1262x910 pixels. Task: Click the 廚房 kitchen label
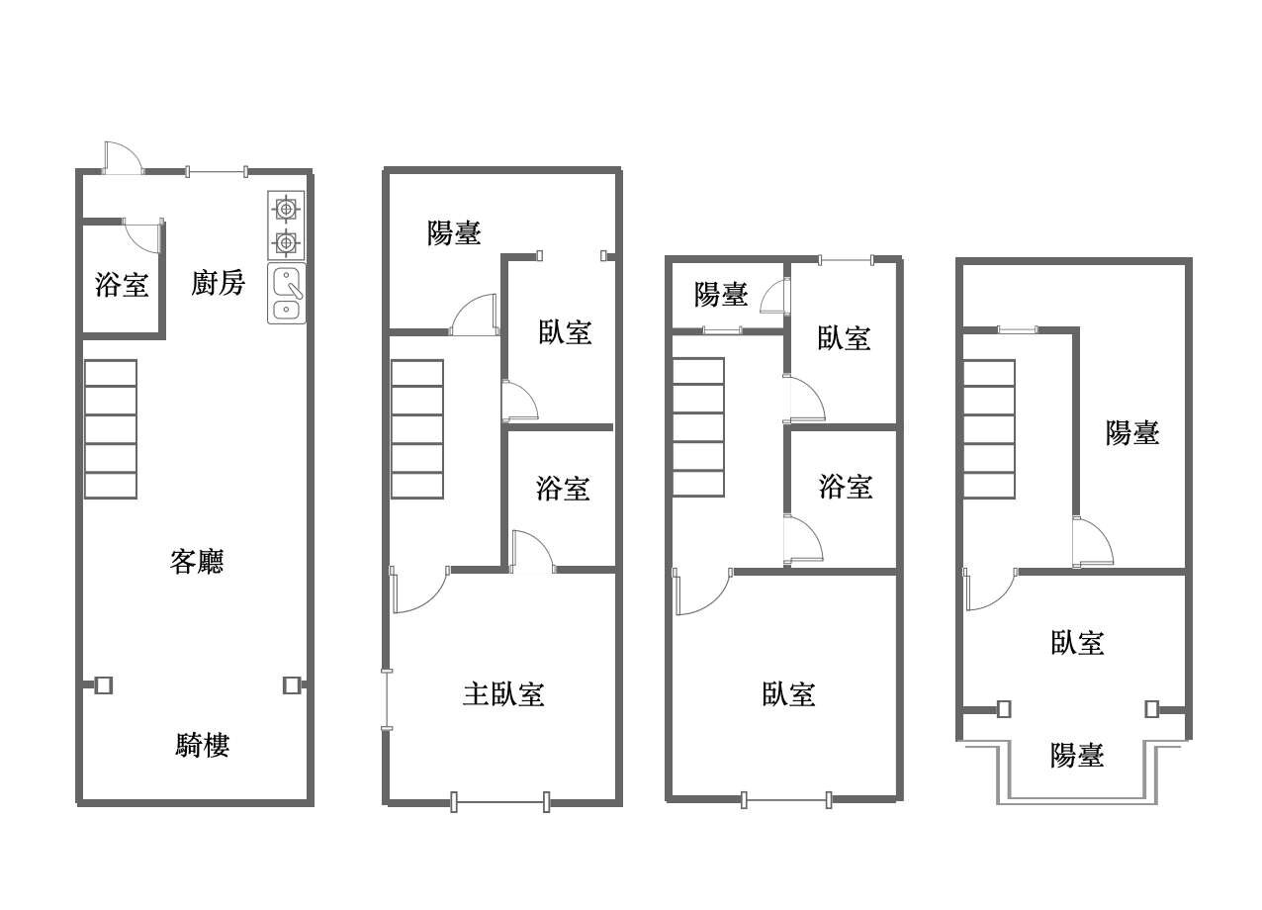[218, 283]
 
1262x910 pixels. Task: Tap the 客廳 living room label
[197, 561]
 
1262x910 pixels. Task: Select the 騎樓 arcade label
[202, 746]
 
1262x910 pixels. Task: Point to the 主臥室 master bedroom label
[503, 694]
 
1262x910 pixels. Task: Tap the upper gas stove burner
[286, 210]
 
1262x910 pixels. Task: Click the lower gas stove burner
[286, 243]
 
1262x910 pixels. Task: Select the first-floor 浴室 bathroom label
[122, 285]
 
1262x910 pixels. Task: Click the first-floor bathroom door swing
[143, 235]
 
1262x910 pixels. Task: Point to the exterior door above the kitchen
[123, 158]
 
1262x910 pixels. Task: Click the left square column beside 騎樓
[103, 685]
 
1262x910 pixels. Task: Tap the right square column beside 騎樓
[291, 685]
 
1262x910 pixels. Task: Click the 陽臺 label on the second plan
[454, 232]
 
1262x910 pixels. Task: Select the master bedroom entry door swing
[419, 590]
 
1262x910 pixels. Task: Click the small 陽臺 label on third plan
[721, 294]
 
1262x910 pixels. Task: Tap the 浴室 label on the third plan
[846, 487]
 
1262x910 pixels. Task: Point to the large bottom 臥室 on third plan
[788, 694]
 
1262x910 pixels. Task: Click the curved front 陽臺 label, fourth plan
[1077, 755]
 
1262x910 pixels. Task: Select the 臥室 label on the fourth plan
[1077, 642]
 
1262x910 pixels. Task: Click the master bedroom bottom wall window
[500, 802]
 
